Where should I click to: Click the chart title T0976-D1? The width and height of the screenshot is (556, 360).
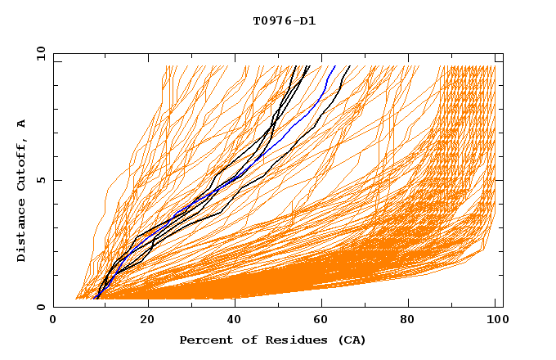pos(284,20)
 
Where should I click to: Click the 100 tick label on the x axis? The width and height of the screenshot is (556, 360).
pos(495,320)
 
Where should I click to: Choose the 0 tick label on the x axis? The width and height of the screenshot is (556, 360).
pos(54,320)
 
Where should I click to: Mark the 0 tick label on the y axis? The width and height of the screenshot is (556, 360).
pos(41,307)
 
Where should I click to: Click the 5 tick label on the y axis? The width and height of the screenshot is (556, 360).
pos(41,180)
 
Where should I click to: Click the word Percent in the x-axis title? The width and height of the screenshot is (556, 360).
pos(202,340)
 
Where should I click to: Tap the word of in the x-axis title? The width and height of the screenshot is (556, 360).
pos(238,340)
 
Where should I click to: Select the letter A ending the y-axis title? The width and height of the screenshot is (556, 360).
pos(21,124)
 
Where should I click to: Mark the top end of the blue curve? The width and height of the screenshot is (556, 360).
pos(334,66)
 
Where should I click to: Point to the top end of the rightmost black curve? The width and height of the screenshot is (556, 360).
pos(349,66)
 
